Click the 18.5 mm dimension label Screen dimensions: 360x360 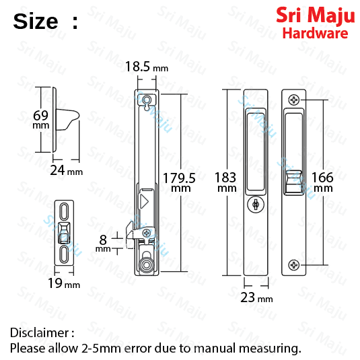(x=147, y=67)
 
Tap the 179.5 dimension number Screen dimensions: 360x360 (x=179, y=178)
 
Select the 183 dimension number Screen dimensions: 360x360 (x=225, y=178)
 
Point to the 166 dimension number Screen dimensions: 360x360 (x=322, y=178)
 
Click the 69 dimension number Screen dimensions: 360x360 (x=40, y=115)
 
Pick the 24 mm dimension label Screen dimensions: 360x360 (x=67, y=170)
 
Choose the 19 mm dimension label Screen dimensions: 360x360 (x=64, y=283)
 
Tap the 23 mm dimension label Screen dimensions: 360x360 (x=256, y=297)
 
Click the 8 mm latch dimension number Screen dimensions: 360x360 (x=103, y=240)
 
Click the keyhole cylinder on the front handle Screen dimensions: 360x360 (x=256, y=204)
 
